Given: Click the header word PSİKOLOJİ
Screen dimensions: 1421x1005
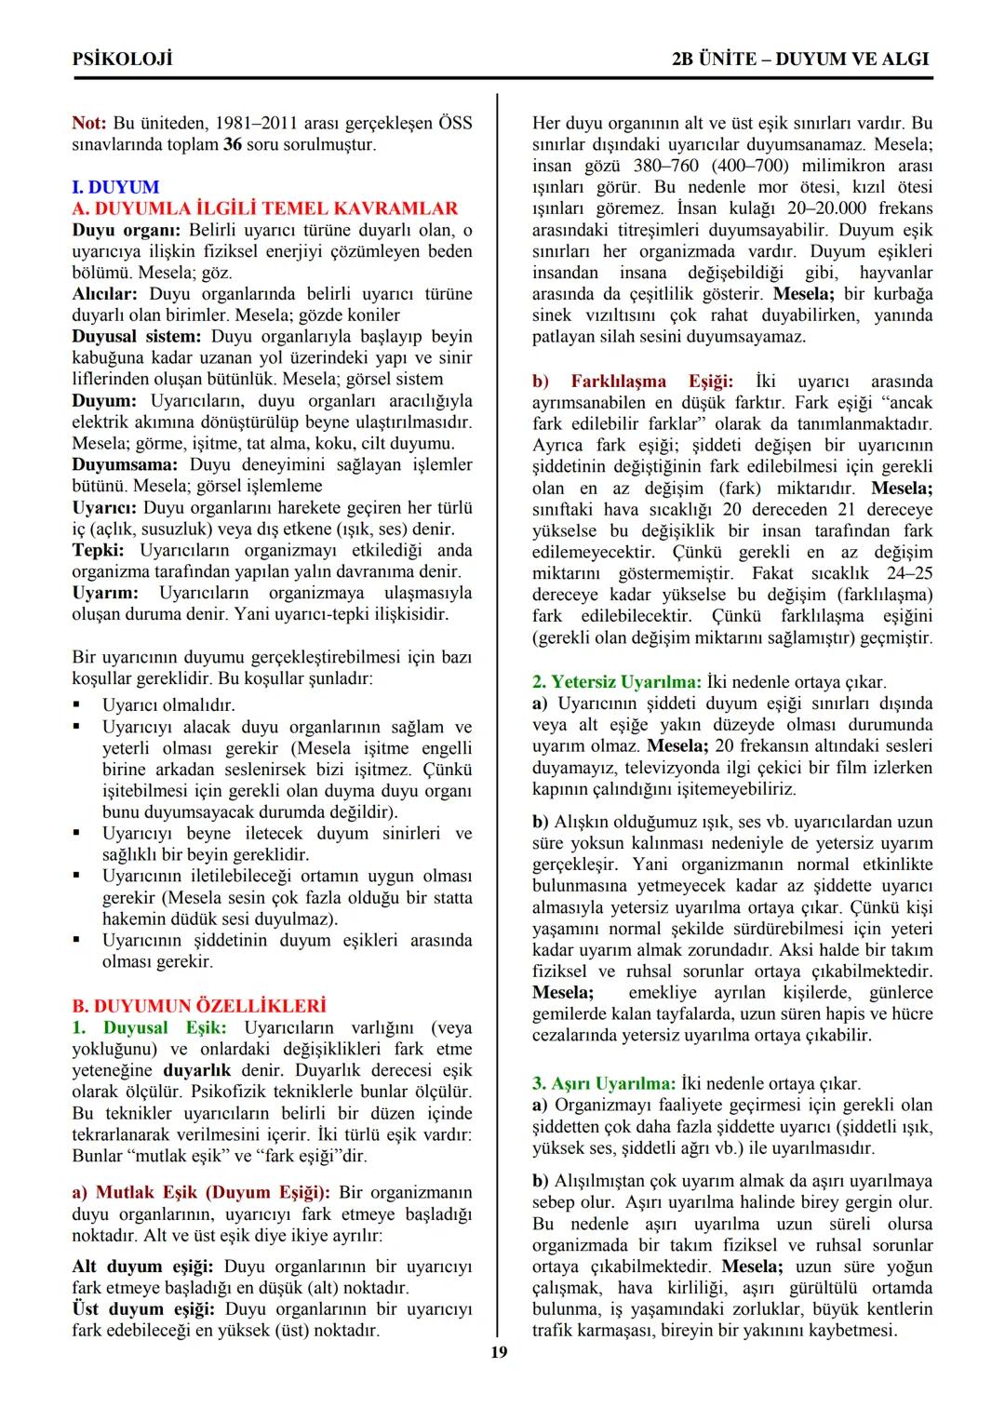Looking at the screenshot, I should (122, 59).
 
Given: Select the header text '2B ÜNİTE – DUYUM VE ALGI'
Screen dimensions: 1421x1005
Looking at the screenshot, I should (800, 59).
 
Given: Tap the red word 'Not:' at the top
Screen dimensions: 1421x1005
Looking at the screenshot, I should (89, 123).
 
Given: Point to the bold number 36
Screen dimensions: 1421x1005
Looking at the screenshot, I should (233, 144).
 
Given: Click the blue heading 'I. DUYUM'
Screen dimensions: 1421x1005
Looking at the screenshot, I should (115, 187).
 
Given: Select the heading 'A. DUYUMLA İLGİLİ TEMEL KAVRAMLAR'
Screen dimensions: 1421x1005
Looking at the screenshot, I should (265, 208).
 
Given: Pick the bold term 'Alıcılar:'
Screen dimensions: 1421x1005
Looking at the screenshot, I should (107, 293).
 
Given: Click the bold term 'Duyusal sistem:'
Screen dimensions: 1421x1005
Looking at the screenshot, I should (137, 336).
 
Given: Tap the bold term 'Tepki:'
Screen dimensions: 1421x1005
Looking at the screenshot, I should (99, 550).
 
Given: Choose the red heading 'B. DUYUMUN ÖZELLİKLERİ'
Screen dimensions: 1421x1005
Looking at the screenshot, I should (199, 1006).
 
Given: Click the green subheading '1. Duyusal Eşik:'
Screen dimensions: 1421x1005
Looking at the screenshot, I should (149, 1027).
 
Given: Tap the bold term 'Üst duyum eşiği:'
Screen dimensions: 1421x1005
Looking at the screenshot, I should (142, 1309).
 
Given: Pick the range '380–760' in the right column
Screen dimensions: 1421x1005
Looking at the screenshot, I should (677, 166).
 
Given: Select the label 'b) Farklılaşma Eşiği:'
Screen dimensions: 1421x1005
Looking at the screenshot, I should (633, 382).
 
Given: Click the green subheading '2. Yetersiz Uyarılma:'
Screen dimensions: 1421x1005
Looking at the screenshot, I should (617, 682).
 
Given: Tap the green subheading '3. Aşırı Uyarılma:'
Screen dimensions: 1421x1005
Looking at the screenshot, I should (604, 1083).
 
